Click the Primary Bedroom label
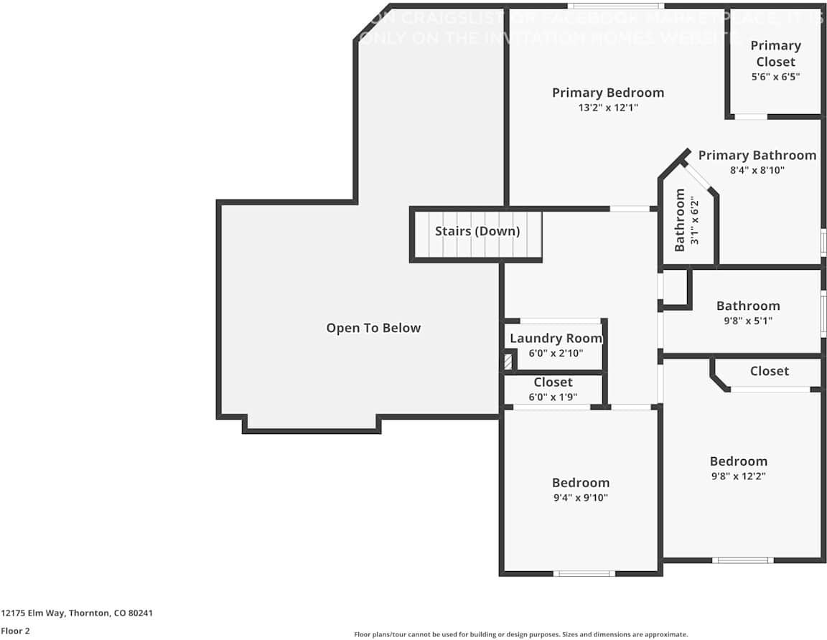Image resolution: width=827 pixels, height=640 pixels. [x=607, y=93]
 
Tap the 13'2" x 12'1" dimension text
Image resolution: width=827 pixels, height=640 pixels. [x=607, y=108]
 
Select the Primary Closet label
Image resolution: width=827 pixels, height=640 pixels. [x=775, y=53]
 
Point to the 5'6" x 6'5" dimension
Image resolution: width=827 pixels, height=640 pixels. [x=775, y=76]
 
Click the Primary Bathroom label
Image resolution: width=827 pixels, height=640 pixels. [x=757, y=155]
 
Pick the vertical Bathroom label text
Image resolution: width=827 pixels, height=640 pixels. [x=679, y=220]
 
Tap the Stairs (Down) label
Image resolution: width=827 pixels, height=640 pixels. [x=477, y=231]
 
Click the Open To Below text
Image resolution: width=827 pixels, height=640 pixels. [x=373, y=328]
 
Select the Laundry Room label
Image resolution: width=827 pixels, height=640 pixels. [x=556, y=338]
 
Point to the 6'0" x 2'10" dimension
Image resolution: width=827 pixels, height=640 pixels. [x=556, y=353]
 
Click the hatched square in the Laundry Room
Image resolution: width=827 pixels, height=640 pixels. [x=509, y=361]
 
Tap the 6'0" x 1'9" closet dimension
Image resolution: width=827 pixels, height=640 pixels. [x=553, y=397]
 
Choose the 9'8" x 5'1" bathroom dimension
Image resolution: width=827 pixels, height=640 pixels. [x=747, y=321]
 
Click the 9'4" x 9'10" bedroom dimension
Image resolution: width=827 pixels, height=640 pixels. [x=580, y=498]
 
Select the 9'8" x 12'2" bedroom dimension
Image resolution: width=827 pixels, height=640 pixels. [x=738, y=476]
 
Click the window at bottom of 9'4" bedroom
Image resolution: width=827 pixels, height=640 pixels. [x=584, y=573]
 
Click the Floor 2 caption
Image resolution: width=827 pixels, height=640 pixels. [x=14, y=631]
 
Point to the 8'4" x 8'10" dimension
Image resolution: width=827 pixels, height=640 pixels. [x=757, y=171]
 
